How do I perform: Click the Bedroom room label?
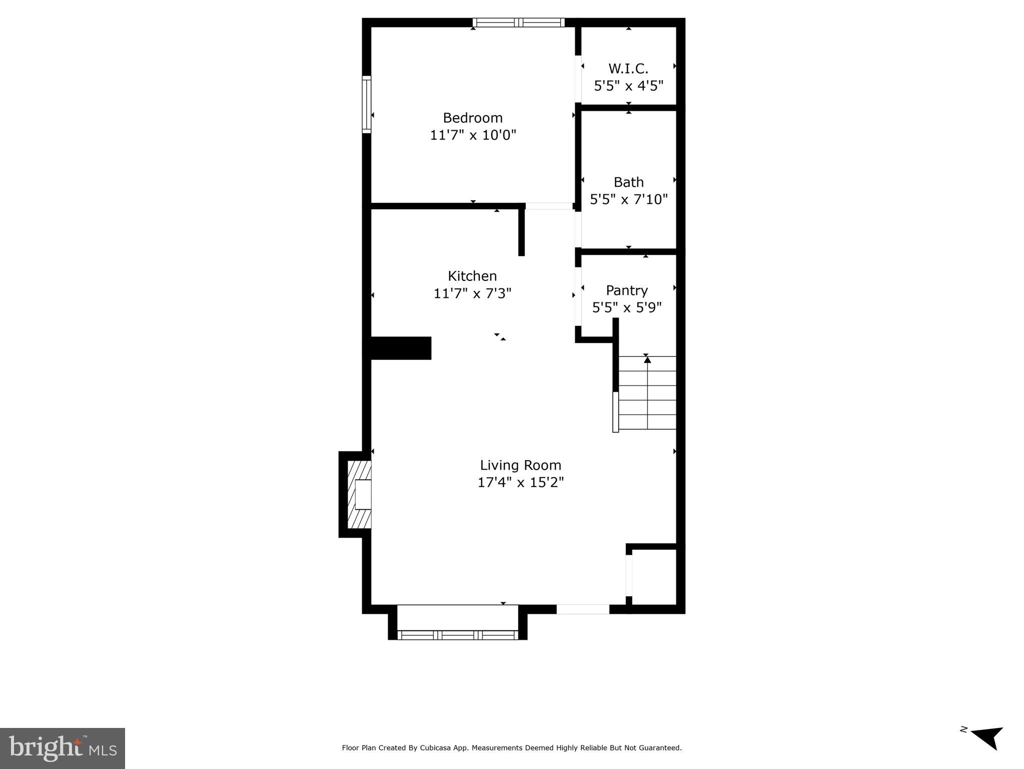[x=472, y=118]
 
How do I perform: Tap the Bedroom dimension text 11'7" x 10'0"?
[x=472, y=135]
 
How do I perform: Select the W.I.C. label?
[x=628, y=69]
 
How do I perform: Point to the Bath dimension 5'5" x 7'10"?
[x=628, y=200]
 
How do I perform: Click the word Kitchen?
[x=472, y=276]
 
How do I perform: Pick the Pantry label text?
[x=626, y=290]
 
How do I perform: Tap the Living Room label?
[x=520, y=466]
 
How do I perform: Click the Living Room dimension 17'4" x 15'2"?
[x=520, y=483]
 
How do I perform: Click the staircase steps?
[x=647, y=393]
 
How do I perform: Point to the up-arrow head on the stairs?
[x=647, y=359]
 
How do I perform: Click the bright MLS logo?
[x=63, y=748]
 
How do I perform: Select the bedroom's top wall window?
[x=518, y=23]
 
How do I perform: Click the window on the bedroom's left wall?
[x=367, y=104]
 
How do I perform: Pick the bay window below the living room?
[x=457, y=635]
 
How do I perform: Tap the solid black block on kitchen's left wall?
[x=401, y=348]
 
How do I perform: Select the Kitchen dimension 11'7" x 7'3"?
[x=472, y=293]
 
